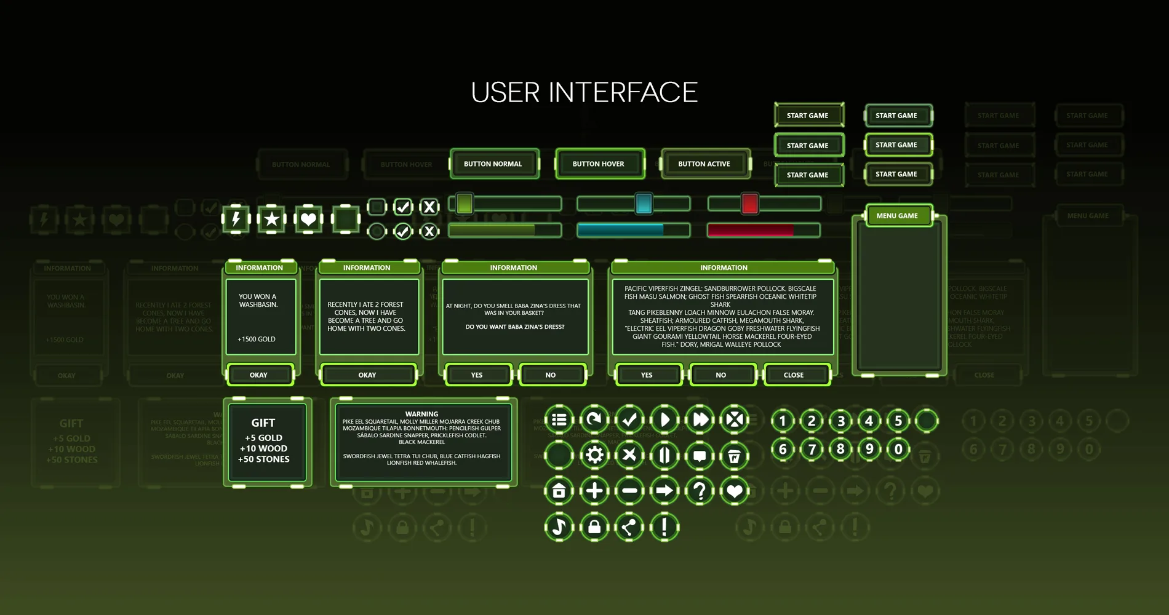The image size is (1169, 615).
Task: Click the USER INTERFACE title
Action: [x=584, y=93]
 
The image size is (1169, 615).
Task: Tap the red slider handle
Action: [x=749, y=204]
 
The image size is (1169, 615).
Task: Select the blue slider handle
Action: [x=644, y=204]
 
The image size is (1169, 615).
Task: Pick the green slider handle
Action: [x=465, y=204]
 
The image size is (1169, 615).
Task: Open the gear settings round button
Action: [x=594, y=455]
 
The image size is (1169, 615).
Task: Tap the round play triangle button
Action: [x=664, y=420]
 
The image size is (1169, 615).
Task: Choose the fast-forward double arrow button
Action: [x=700, y=420]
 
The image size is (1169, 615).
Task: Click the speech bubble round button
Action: [x=700, y=456]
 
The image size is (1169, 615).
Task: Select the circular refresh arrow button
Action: [x=594, y=420]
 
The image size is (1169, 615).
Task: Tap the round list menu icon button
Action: [x=559, y=420]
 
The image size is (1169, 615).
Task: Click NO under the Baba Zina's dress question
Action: [x=551, y=375]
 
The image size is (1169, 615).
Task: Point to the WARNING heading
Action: [x=421, y=414]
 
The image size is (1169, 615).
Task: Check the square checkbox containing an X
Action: [x=429, y=207]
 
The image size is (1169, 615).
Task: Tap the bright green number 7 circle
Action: [x=812, y=450]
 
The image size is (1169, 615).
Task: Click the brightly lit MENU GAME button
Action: [x=897, y=216]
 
